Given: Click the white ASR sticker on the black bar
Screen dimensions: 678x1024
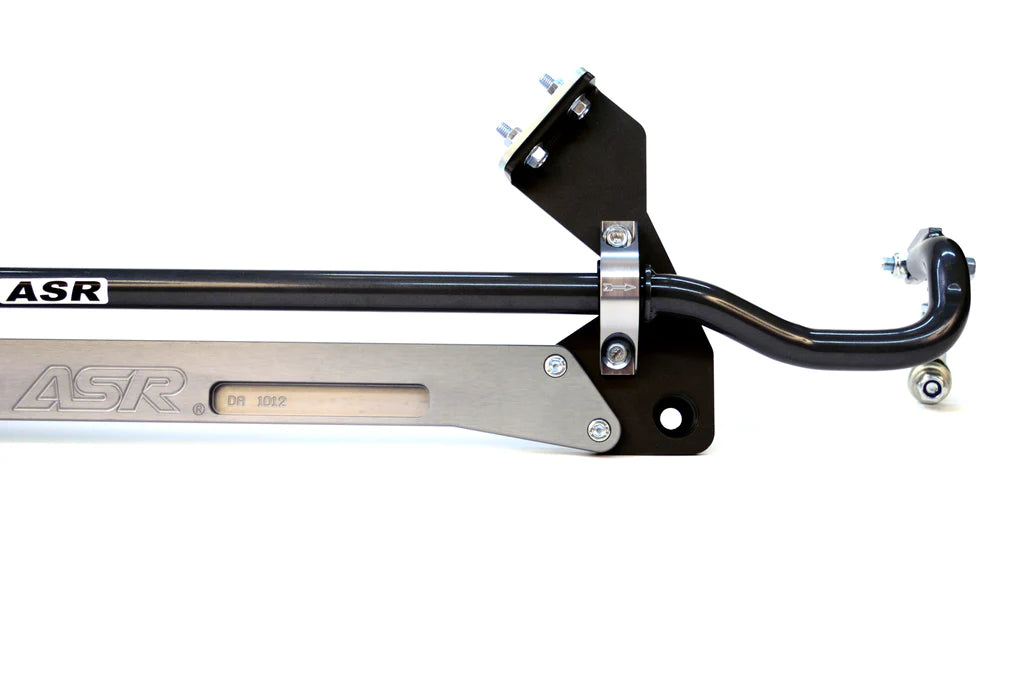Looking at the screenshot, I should pos(55,291).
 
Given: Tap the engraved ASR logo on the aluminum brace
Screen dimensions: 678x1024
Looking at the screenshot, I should pos(100,389).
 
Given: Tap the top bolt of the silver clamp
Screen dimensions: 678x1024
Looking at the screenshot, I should pos(619,236).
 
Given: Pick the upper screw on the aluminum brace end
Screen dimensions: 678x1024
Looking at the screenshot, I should pos(555,366).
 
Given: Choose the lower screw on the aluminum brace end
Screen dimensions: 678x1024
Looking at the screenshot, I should pos(599,430).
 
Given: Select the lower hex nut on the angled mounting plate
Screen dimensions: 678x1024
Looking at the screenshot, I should pos(536,157).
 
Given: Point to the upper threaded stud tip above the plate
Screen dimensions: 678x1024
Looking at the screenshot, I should pos(549,82).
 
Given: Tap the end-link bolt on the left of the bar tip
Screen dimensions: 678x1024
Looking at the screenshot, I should pos(890,264).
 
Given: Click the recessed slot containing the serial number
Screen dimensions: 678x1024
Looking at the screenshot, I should pos(320,400).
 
